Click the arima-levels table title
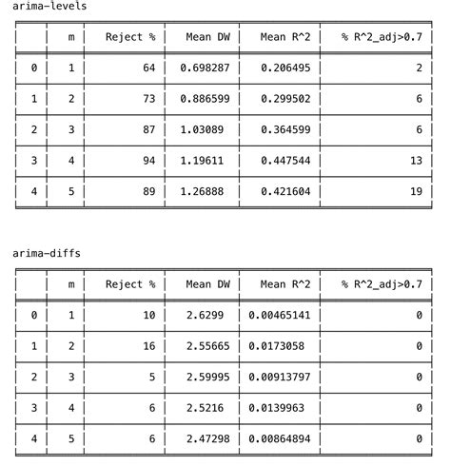[x=49, y=7]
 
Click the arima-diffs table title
[x=47, y=254]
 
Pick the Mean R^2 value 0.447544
[x=284, y=161]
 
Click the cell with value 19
[x=416, y=191]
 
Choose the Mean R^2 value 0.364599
[x=284, y=129]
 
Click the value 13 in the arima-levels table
[x=416, y=161]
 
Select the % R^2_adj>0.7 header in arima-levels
[x=382, y=37]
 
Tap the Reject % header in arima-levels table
[x=130, y=37]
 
